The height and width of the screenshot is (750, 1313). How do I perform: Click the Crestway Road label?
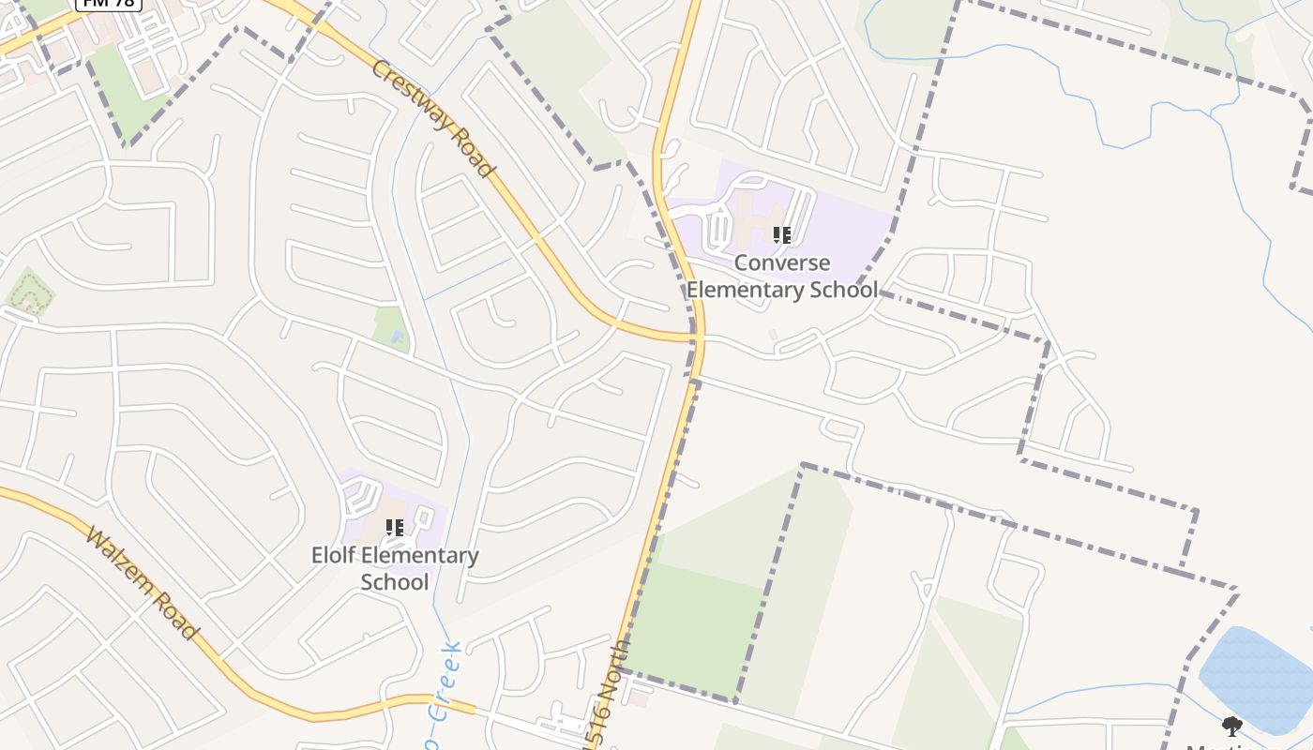(x=431, y=118)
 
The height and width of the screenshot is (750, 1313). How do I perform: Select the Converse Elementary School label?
(x=782, y=277)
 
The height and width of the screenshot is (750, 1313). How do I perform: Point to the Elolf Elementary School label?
(x=395, y=568)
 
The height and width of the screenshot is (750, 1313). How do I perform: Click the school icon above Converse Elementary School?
(x=782, y=234)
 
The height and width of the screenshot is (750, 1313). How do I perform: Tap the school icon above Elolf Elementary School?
(x=395, y=528)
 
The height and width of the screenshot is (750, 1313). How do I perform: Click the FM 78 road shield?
(x=108, y=4)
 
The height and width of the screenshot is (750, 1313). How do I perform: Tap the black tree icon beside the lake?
(x=1232, y=726)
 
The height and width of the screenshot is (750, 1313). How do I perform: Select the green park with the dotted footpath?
(x=29, y=294)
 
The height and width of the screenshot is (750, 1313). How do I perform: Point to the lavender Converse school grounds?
(x=844, y=225)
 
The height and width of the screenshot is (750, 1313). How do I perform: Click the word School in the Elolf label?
(x=395, y=582)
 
